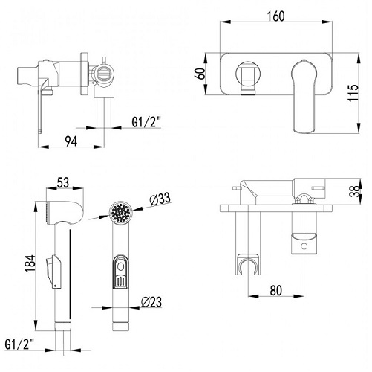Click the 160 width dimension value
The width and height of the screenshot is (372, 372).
pos(275,16)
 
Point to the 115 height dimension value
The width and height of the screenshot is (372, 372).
pos(353,93)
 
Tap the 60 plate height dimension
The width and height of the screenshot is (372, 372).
pos(200,74)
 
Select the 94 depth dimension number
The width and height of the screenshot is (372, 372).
pos(71,141)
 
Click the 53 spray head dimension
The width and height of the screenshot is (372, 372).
pos(63,182)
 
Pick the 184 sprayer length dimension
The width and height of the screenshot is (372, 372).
pos(30,263)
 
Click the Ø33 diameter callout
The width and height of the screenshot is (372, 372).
pos(160,199)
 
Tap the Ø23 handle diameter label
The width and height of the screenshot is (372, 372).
pos(151,302)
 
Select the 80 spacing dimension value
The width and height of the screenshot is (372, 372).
pos(276,290)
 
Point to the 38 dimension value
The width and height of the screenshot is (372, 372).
pos(354,191)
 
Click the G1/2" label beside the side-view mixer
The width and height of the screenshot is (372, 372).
pos(147,122)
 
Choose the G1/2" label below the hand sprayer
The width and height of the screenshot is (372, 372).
pos(19,344)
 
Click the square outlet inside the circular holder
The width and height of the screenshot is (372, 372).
pos(248,74)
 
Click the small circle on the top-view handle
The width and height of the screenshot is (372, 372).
pos(304,246)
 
